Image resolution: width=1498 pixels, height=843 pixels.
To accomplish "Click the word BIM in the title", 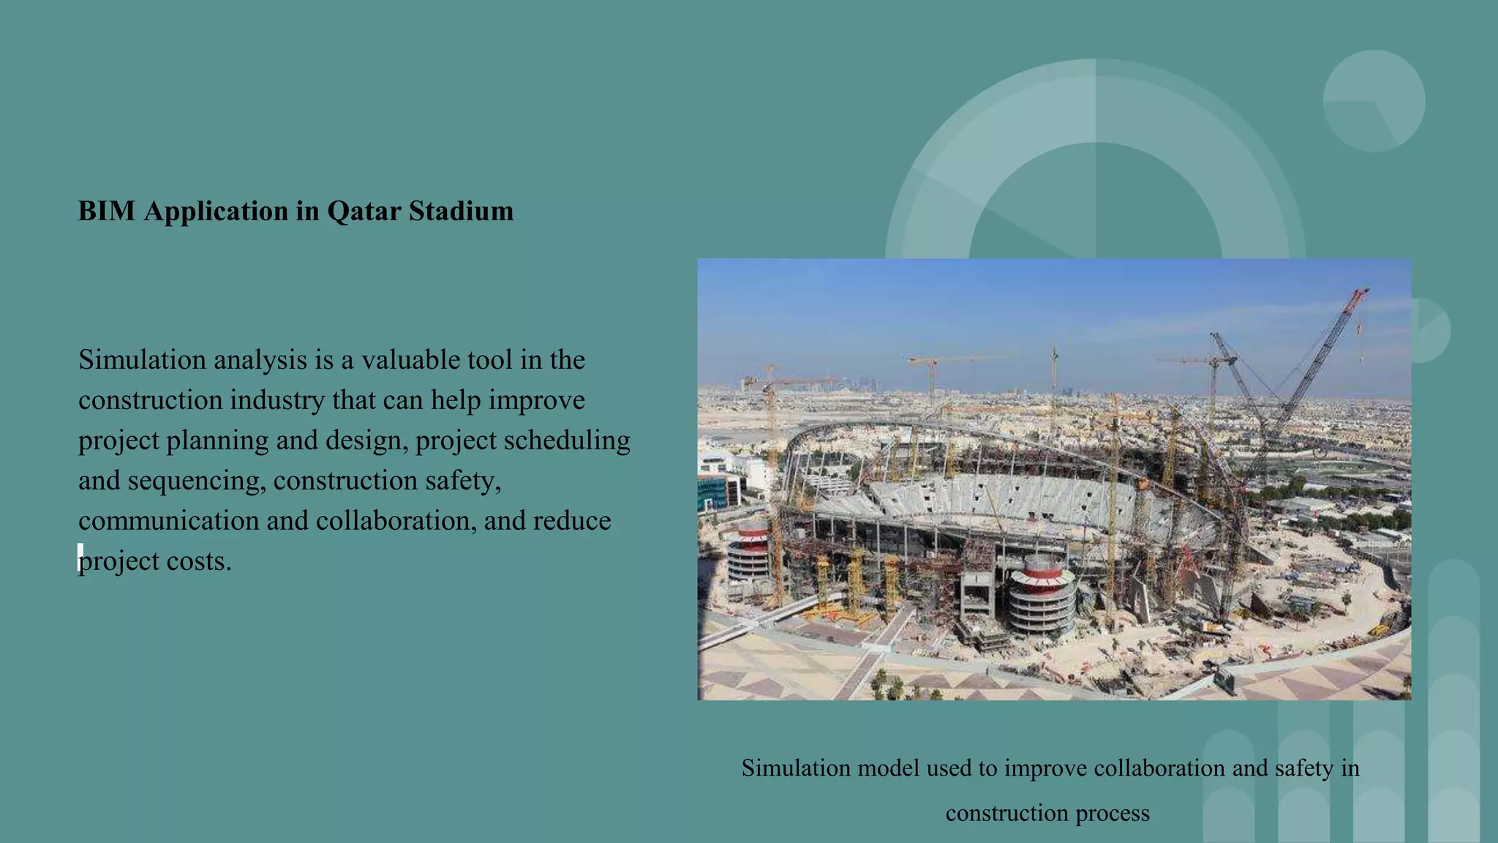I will [x=107, y=211].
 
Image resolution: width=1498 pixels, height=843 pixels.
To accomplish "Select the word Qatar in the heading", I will [x=364, y=211].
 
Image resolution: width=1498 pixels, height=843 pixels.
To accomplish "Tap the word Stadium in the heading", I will [x=461, y=211].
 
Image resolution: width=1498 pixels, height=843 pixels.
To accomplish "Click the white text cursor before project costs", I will [x=80, y=558].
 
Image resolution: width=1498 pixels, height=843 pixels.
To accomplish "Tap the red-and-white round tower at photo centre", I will [x=1042, y=593].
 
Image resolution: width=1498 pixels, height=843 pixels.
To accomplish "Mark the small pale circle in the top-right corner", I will [x=1374, y=101].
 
